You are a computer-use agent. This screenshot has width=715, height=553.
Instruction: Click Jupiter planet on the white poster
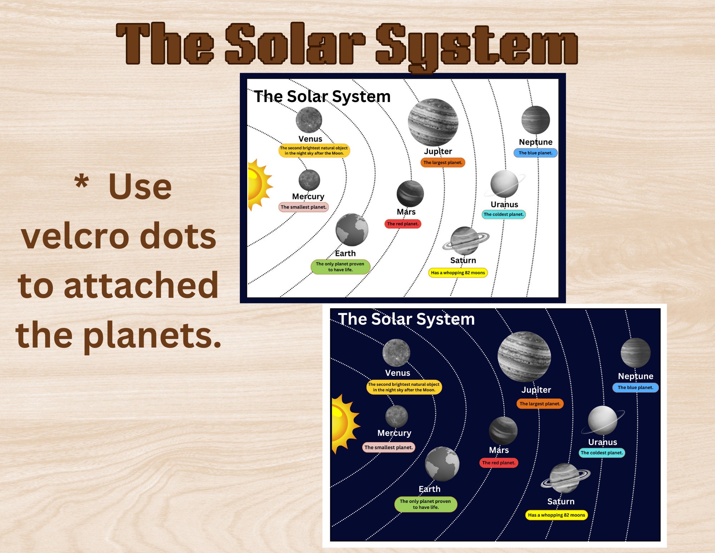coord(433,122)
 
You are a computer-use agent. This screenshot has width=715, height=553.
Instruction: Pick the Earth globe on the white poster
coord(352,230)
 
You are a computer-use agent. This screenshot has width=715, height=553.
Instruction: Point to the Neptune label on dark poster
coord(636,376)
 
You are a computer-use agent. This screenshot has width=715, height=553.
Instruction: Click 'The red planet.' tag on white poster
coord(403,224)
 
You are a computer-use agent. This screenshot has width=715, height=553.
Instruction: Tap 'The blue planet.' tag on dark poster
coord(635,388)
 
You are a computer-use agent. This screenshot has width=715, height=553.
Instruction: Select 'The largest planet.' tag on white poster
coord(443,162)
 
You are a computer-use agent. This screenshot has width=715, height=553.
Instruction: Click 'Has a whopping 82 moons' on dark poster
coord(556,515)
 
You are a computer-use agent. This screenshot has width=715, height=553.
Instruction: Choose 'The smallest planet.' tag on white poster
coord(304,207)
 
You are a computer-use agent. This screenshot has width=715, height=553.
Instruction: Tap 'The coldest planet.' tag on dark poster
coord(602,453)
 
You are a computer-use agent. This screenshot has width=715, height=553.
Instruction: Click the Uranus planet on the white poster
coord(504,184)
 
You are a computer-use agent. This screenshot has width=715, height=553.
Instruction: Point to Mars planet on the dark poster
coord(503,431)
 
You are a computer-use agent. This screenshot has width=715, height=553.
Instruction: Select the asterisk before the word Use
coord(82,181)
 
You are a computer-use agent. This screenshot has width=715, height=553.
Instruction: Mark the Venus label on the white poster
coord(310,139)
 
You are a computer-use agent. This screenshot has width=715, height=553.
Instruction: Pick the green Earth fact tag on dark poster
coord(425,504)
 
